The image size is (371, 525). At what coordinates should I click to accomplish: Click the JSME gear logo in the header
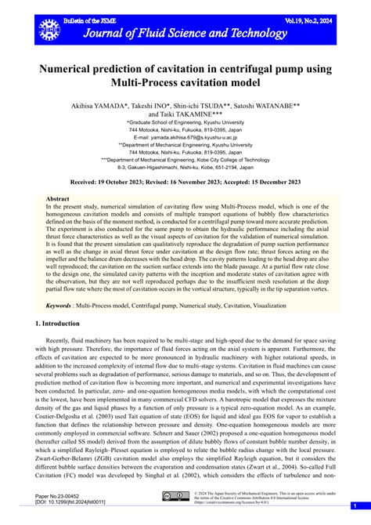coord(49,29)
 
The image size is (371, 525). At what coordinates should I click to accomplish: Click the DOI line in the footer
coord(71,503)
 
